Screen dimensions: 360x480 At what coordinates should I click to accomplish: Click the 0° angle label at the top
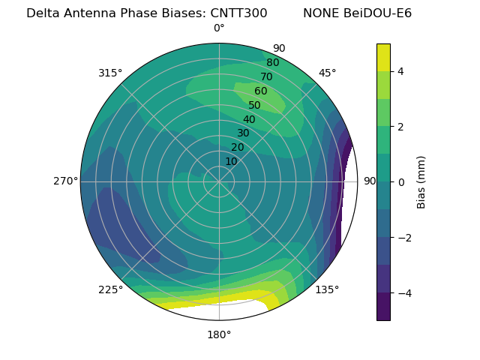(219, 28)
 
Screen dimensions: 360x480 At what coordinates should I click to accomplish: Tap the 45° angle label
(327, 73)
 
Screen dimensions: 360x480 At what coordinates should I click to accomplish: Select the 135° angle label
(327, 289)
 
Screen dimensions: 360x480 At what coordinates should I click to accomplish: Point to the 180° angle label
(219, 334)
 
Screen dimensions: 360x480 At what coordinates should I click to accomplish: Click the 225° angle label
(110, 289)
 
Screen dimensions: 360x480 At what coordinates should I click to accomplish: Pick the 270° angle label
(66, 181)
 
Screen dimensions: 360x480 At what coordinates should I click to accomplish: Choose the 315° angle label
(110, 73)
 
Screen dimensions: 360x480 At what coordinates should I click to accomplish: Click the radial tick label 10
(231, 161)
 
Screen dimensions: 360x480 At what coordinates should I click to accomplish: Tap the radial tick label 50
(254, 105)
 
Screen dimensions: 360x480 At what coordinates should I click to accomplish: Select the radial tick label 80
(272, 63)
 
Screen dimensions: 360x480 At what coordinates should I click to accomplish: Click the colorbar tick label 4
(401, 71)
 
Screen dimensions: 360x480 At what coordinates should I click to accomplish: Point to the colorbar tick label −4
(403, 292)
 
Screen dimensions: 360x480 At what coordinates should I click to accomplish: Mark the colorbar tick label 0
(401, 182)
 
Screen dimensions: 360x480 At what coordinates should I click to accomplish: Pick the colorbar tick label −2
(403, 238)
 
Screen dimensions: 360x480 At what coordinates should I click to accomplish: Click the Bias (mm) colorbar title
(421, 182)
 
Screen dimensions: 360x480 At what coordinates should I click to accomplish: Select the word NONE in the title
(320, 13)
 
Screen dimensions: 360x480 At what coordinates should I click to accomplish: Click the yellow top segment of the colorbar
(383, 57)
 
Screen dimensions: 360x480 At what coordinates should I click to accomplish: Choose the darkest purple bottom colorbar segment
(383, 307)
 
